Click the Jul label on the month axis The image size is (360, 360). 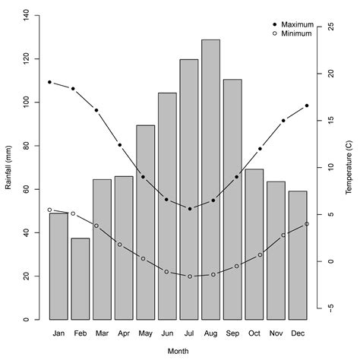coord(189,333)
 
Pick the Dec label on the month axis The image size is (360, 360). coord(298,333)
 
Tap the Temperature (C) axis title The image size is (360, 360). coord(350,167)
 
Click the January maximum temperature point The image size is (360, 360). coord(49,82)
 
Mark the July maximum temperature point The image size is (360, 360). coord(189,208)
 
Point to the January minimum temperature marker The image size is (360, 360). coord(49,210)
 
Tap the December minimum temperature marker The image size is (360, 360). coord(307,223)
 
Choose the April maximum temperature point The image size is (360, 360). coord(120,144)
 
